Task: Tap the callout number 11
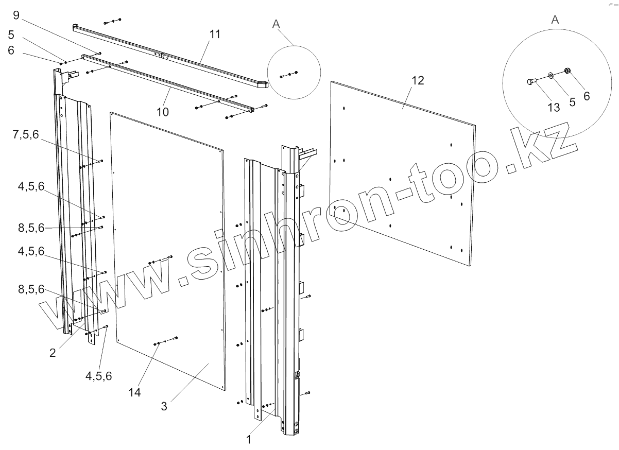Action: (215, 34)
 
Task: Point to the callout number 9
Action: (16, 16)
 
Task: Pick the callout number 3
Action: (164, 406)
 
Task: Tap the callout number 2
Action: (53, 353)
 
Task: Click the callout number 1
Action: (249, 440)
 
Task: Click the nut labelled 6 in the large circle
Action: (568, 71)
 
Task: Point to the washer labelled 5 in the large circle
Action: (551, 75)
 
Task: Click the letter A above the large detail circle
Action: (554, 20)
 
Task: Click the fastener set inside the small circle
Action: (289, 75)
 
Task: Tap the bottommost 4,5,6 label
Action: (98, 376)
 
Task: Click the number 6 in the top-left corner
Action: (11, 50)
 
